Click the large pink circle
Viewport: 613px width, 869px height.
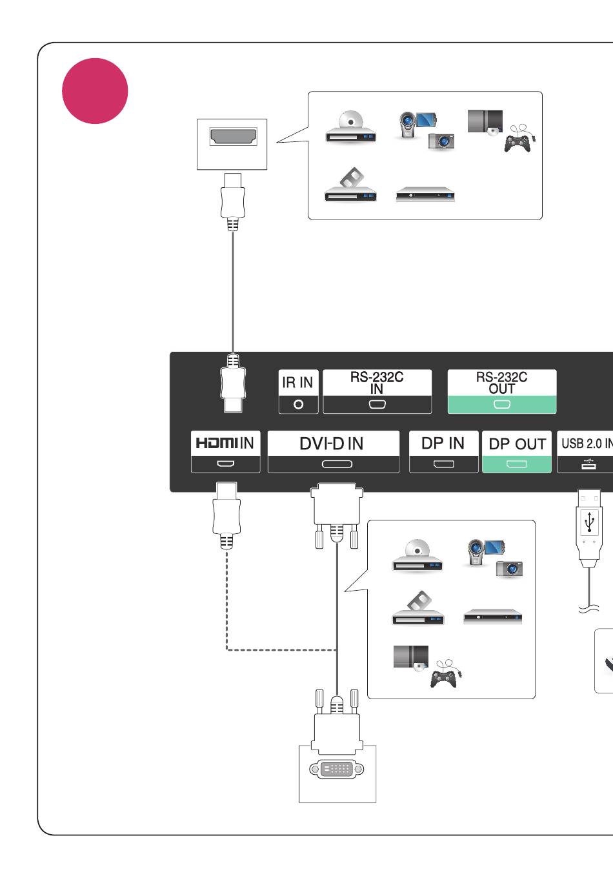(95, 91)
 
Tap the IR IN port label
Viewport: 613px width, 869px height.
(297, 382)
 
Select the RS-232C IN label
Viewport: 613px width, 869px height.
(377, 383)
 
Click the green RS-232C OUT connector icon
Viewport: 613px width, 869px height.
(502, 405)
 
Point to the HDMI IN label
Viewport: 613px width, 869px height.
(225, 443)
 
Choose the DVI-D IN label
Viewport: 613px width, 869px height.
(332, 444)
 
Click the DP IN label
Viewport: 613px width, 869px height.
(443, 444)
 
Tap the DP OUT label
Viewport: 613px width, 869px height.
(518, 444)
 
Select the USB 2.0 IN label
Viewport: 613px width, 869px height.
(587, 443)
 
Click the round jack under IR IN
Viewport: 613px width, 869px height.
(298, 405)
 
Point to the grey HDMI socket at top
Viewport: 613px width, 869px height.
(233, 137)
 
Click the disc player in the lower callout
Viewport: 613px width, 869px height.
(417, 555)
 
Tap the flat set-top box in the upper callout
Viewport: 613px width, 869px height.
(425, 194)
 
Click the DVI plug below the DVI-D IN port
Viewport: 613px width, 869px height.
(337, 514)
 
